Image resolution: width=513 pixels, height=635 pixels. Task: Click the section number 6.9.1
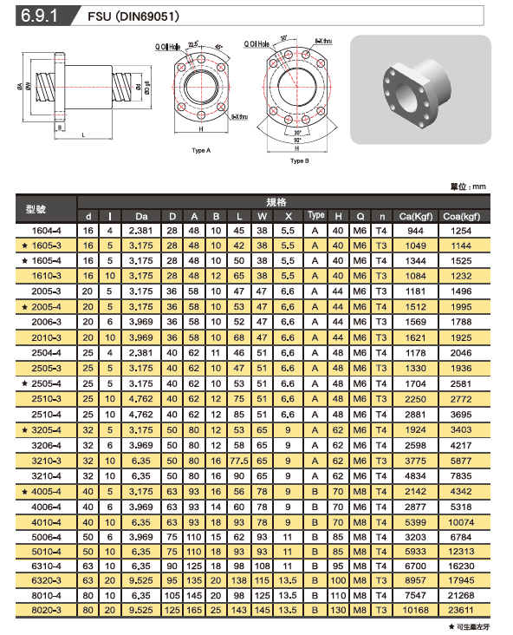39,16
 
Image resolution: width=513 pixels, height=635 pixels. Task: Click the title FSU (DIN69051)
133,16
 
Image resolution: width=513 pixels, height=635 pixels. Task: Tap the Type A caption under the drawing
201,151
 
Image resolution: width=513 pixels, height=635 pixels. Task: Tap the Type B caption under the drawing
299,160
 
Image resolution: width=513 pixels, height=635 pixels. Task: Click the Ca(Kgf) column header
416,216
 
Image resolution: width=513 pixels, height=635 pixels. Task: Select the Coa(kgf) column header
461,216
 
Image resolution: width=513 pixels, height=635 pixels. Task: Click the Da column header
141,216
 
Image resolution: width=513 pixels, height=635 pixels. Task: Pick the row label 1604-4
47,231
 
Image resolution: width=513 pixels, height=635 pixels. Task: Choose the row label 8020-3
47,611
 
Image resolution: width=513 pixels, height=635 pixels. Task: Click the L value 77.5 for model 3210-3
238,461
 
